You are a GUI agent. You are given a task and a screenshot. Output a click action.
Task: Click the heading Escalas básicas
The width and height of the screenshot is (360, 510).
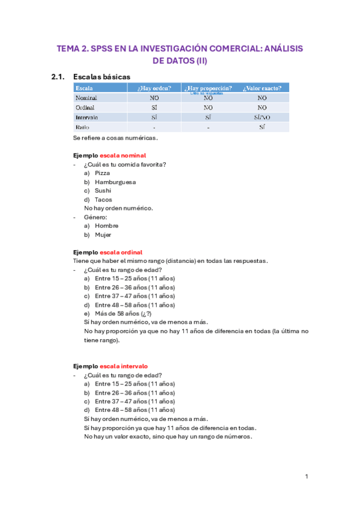(102, 76)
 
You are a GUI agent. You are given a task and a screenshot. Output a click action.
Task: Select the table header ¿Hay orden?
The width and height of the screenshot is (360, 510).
(154, 88)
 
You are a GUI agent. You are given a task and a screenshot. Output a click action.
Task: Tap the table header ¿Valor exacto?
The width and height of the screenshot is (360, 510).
(262, 88)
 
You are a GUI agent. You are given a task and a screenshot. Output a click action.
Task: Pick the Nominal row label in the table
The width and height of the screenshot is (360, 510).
(87, 97)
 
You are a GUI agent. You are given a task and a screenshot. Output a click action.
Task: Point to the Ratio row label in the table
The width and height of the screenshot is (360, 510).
(83, 127)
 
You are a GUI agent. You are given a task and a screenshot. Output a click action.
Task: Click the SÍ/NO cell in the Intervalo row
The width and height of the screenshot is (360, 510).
(262, 117)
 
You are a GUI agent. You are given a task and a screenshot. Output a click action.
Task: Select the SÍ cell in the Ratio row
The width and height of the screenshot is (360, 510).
(262, 127)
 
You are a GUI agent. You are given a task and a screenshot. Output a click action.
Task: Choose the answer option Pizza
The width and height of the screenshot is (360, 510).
(103, 173)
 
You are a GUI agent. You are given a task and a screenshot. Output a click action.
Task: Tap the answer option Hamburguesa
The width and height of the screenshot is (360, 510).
(115, 182)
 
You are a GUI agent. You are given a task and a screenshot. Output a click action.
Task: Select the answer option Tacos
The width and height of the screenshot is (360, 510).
(103, 200)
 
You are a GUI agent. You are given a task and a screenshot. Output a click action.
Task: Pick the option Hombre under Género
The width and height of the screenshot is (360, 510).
(107, 226)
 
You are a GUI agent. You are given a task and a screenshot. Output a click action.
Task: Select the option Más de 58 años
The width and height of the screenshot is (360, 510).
(117, 313)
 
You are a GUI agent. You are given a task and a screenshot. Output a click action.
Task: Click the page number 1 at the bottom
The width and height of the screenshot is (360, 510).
(306, 477)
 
